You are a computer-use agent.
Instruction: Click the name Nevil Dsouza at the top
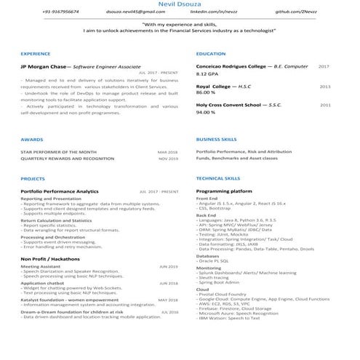[x=180, y=4]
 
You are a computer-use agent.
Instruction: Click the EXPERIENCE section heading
[x=36, y=54]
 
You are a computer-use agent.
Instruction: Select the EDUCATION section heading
[x=211, y=54]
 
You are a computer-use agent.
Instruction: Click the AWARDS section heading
[x=32, y=138]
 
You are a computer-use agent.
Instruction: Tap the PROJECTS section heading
[x=33, y=178]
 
